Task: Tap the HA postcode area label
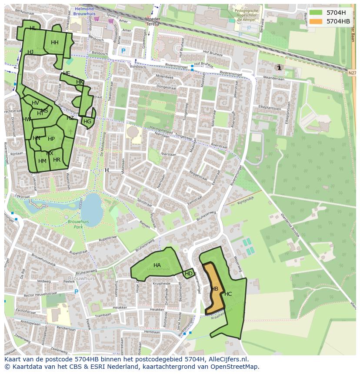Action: click(x=157, y=265)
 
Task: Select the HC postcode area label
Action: click(x=228, y=294)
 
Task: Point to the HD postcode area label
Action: click(x=189, y=274)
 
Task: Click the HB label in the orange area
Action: click(x=214, y=289)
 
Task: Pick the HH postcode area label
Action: click(x=54, y=43)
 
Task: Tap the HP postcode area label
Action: click(x=51, y=139)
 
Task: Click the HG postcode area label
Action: click(x=87, y=122)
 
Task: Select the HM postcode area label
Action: click(x=42, y=161)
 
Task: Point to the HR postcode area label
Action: click(x=57, y=160)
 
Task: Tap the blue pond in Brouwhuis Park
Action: click(x=92, y=207)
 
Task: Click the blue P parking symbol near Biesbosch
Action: click(x=123, y=51)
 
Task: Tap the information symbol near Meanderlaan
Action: click(x=279, y=67)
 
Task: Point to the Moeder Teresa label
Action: click(x=152, y=22)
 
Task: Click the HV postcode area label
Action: click(x=35, y=103)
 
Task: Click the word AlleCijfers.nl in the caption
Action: click(x=227, y=359)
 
